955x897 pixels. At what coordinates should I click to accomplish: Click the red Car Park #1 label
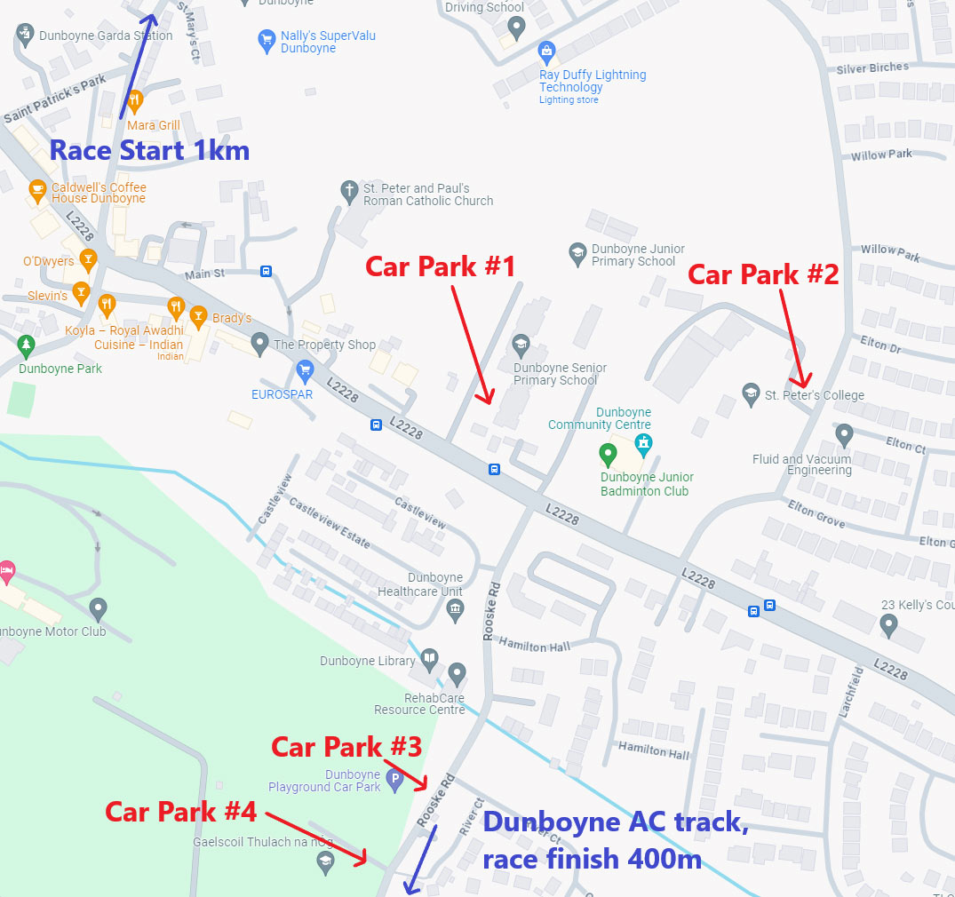point(441,266)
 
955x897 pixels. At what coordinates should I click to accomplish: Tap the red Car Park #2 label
point(763,274)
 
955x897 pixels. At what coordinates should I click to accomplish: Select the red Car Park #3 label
point(346,747)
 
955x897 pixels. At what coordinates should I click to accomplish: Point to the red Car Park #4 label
point(181,812)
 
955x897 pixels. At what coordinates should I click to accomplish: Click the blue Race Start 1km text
point(149,150)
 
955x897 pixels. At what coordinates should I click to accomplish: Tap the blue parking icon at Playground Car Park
point(395,780)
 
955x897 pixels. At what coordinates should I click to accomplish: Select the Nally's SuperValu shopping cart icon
point(266,41)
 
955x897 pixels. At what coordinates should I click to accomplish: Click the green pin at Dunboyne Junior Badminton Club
point(608,455)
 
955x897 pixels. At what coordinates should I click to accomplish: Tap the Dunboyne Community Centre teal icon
point(643,441)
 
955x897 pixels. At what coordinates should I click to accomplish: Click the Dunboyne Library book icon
point(430,658)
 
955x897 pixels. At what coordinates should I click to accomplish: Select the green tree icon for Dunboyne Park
point(26,344)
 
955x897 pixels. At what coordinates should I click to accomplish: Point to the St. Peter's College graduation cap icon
point(752,392)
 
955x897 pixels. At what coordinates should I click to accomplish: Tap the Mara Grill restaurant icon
point(135,99)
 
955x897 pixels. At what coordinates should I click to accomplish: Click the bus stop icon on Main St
point(266,271)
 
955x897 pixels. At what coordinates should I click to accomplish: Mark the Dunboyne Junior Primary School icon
point(578,253)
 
